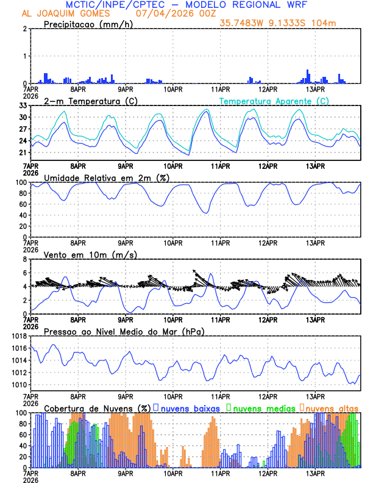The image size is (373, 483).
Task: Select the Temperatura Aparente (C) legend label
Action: (274, 101)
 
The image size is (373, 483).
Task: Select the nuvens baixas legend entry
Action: (187, 407)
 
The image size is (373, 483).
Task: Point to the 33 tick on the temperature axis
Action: (23, 106)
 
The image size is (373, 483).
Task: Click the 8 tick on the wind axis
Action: (25, 259)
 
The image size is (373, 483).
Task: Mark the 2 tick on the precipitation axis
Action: (25, 29)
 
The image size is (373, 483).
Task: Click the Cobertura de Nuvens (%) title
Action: (97, 407)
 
